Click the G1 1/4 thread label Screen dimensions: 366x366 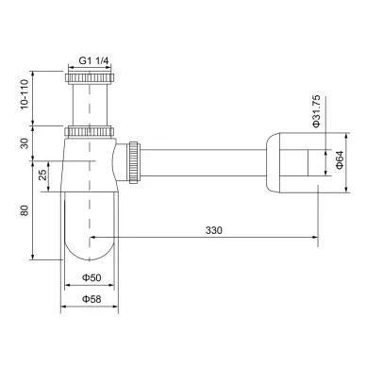[93, 60]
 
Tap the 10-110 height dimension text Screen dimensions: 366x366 [25, 94]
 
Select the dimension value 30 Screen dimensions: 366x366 [25, 143]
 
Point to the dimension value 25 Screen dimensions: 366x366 [42, 175]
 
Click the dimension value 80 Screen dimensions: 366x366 [25, 210]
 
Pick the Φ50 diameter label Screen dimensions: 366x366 [91, 277]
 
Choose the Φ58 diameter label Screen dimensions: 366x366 [91, 299]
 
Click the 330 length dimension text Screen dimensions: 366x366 [214, 230]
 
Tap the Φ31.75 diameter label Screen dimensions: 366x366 [316, 111]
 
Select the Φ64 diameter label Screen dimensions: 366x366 [340, 160]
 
